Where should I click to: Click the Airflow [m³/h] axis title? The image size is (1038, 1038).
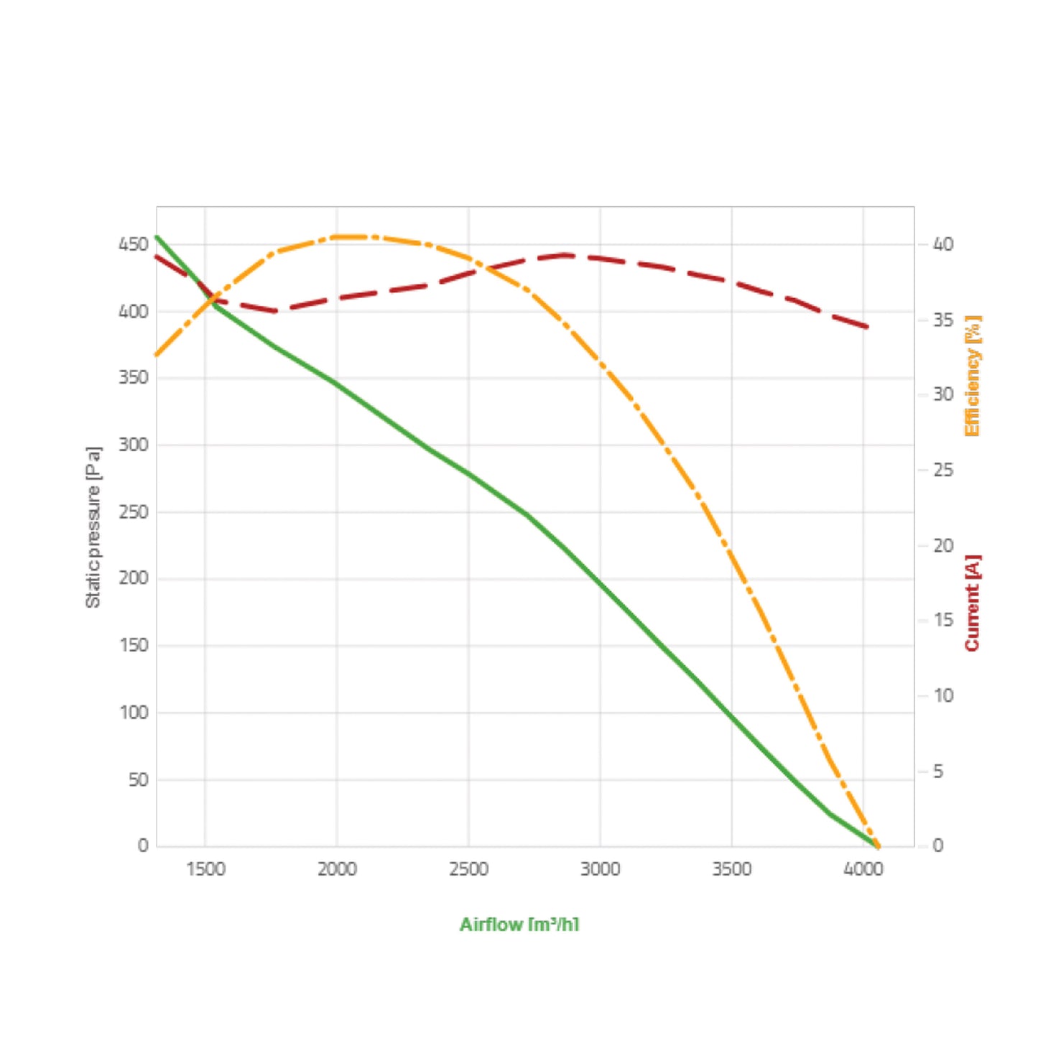pos(519,925)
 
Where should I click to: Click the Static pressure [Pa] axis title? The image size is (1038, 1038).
pos(93,527)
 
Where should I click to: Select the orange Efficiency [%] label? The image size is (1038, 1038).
pos(973,376)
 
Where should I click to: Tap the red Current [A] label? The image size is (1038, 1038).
pos(973,603)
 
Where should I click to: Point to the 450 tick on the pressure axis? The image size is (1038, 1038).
pos(134,245)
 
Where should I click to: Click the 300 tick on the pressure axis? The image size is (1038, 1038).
pos(134,445)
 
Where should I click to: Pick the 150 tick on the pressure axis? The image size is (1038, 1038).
pos(134,645)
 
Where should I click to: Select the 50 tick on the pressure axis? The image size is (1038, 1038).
pos(139,779)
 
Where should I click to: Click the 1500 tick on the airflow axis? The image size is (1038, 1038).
pos(205,869)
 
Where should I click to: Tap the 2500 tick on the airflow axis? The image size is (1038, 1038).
pos(468,869)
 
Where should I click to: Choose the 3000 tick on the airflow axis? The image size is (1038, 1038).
pos(600,869)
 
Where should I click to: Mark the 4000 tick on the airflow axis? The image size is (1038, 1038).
pos(863,869)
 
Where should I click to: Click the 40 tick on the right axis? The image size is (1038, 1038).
pos(943,245)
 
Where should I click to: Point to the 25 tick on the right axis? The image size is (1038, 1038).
pos(943,471)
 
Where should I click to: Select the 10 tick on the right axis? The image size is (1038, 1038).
pos(943,695)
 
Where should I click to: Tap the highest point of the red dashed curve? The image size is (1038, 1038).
pos(566,255)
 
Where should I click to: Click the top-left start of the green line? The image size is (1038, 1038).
pos(157,236)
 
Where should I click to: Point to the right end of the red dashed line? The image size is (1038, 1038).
pos(868,328)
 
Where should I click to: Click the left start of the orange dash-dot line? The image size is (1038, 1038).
pos(157,355)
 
